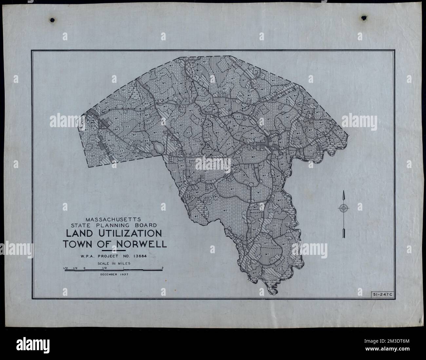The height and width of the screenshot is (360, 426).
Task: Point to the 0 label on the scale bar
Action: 85,268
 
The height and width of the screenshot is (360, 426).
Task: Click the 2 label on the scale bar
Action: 163,268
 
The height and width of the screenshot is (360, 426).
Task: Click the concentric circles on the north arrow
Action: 343,208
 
